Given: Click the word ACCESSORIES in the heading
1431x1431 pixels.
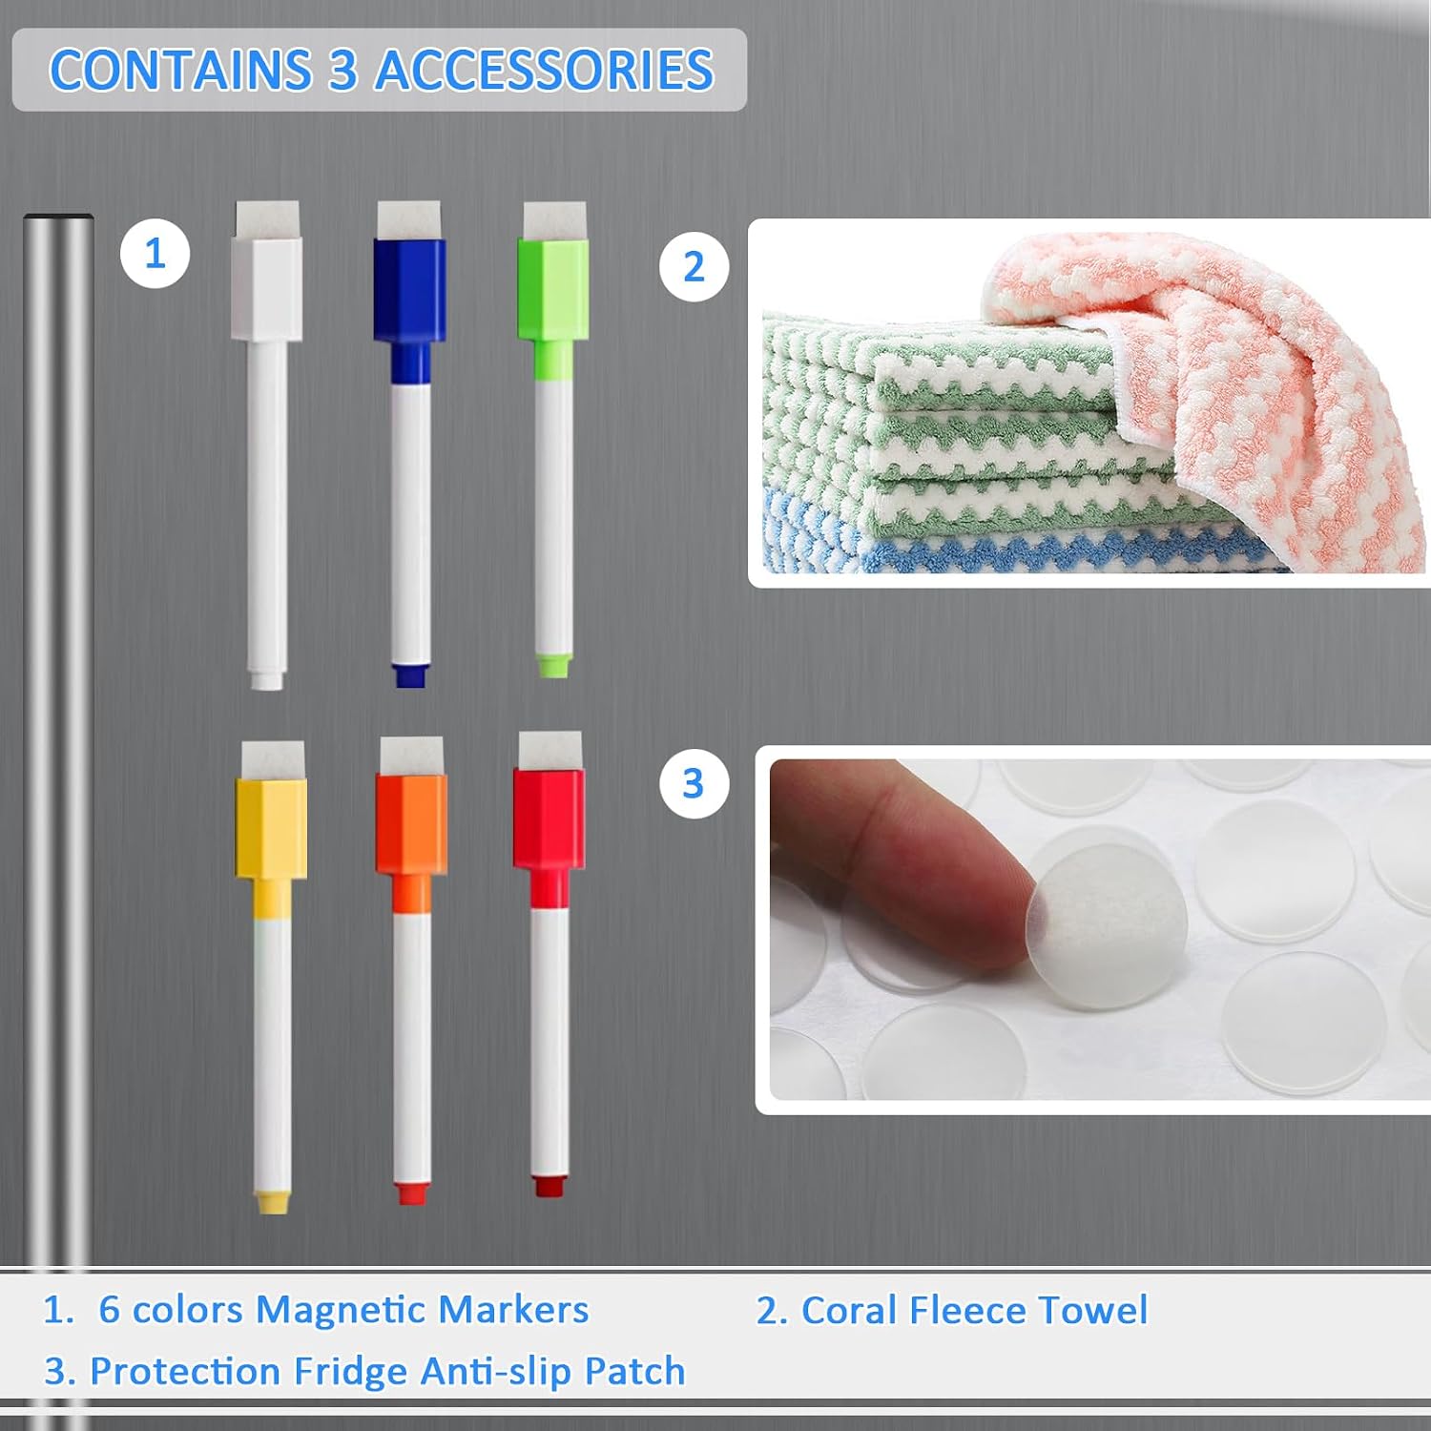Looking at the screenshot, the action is click(544, 71).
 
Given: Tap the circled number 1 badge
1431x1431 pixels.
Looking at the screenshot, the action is click(155, 254).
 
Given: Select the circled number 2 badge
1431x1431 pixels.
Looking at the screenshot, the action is click(694, 267).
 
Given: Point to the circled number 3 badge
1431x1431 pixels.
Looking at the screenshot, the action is click(694, 784).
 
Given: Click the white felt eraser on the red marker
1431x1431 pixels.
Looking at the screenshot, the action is click(550, 750).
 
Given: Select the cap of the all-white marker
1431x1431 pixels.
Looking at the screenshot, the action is click(267, 288).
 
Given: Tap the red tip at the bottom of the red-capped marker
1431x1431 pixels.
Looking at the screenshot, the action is click(548, 1185).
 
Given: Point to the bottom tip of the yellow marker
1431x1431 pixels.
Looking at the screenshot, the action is click(272, 1201).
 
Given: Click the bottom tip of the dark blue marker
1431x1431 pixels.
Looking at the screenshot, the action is click(410, 674).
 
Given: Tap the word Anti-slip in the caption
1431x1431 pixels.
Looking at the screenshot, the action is click(496, 1372).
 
